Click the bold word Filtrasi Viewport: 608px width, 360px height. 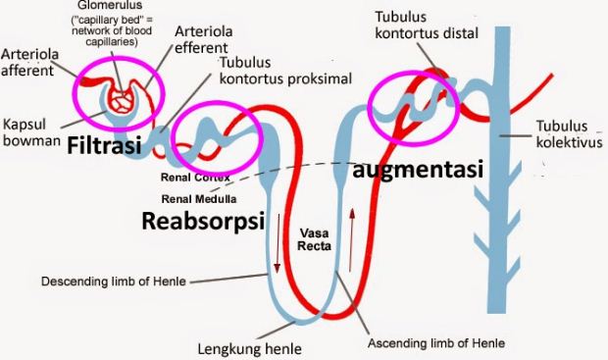pyautogui.click(x=105, y=147)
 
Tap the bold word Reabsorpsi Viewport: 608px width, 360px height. pyautogui.click(x=204, y=220)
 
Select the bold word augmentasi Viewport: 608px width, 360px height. pyautogui.click(x=419, y=170)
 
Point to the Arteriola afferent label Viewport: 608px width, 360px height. pyautogui.click(x=28, y=61)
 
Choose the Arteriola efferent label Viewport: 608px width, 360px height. pyautogui.click(x=202, y=39)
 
